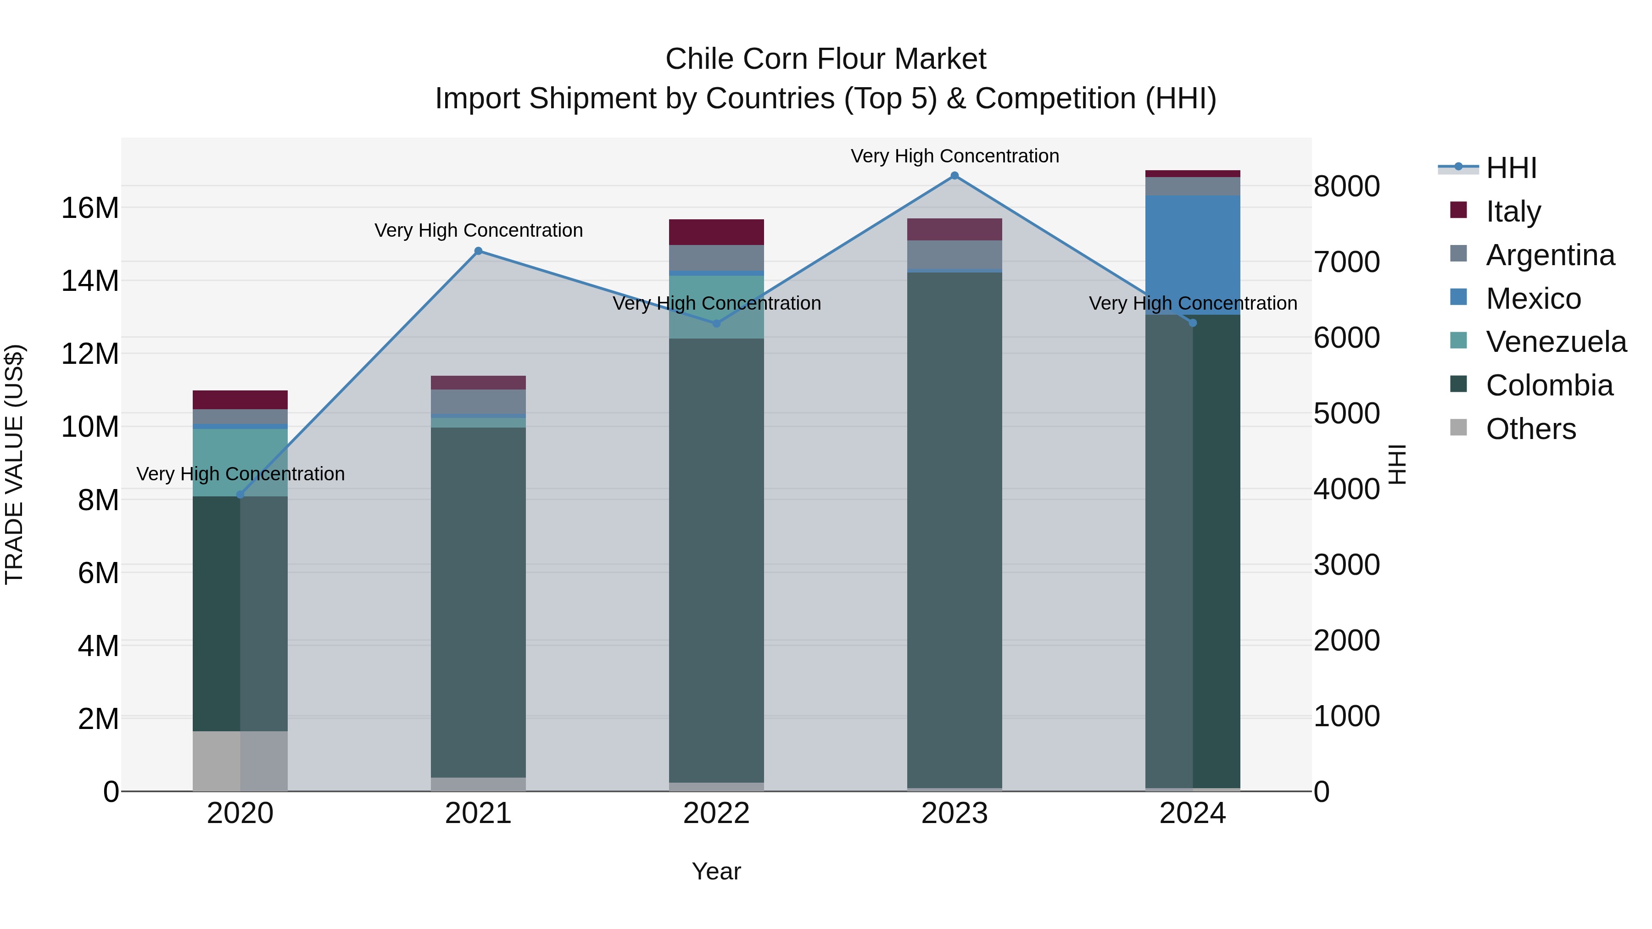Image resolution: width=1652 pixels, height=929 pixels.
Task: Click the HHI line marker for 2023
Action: click(954, 176)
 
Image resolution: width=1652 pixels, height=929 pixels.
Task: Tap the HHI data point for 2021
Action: click(479, 250)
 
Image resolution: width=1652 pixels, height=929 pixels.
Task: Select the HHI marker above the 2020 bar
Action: click(240, 494)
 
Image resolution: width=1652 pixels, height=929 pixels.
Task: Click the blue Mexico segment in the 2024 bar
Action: click(1192, 255)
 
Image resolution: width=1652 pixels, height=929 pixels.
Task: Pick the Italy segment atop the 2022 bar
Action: click(716, 232)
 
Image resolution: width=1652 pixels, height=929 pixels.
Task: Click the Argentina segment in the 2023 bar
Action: click(954, 255)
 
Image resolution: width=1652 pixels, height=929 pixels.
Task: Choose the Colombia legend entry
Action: click(1549, 385)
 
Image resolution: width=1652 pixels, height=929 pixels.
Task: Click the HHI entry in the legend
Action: click(1511, 168)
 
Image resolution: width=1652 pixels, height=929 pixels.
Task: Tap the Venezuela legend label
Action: click(1556, 342)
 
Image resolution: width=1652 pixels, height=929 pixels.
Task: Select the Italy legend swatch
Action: click(1458, 210)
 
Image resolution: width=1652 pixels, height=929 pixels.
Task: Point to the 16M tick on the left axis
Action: click(90, 208)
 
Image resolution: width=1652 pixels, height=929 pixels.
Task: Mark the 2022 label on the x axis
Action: click(716, 813)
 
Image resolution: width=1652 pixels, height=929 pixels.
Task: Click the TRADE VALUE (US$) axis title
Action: click(14, 464)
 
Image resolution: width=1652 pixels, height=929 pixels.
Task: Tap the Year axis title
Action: click(716, 871)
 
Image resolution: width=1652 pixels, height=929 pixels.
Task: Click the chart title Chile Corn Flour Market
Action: click(826, 59)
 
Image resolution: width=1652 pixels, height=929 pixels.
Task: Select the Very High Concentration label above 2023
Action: click(954, 156)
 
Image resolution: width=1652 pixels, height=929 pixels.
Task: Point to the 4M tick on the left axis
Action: click(98, 645)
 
